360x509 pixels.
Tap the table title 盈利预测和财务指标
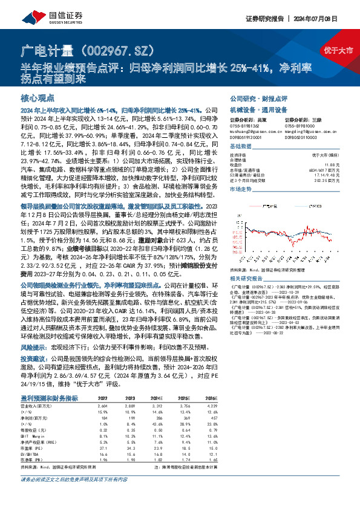(x=50, y=398)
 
